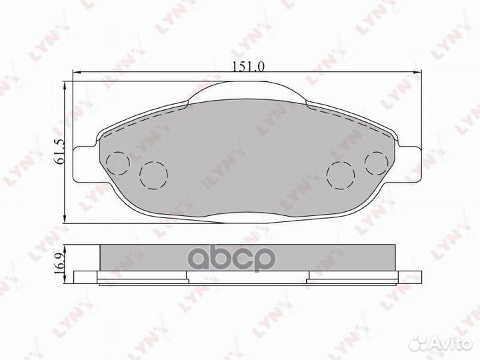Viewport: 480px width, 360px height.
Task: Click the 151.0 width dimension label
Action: click(x=248, y=66)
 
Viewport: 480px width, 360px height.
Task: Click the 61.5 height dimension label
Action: click(x=59, y=151)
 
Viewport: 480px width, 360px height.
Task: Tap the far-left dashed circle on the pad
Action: click(x=118, y=163)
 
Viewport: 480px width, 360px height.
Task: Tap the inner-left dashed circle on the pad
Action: click(x=154, y=175)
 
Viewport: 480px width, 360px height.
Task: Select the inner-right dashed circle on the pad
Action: click(x=341, y=175)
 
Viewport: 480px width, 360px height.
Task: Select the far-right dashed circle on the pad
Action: click(x=377, y=163)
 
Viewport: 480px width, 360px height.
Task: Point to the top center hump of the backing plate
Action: click(x=247, y=91)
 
